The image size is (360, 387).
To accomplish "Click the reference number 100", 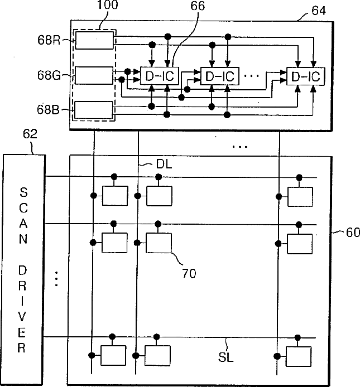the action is point(108,5).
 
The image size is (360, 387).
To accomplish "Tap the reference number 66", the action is point(198,6).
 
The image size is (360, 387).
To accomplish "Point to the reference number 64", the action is point(319,11).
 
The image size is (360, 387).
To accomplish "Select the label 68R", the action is point(49,40).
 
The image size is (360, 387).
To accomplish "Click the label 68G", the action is point(49,75).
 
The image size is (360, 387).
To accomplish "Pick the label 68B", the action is point(49,110).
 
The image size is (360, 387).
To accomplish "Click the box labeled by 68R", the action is point(94,40).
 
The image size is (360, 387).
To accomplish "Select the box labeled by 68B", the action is point(94,110).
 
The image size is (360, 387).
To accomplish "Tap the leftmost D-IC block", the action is point(160,76).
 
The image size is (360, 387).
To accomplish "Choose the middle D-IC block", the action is point(220,76).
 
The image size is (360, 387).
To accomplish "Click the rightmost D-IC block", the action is point(306,76).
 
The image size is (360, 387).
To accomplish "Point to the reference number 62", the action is point(30,134).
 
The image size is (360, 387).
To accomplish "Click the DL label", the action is point(164,163).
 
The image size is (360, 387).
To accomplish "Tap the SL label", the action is point(226,357).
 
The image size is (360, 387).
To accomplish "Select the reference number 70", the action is point(189,273).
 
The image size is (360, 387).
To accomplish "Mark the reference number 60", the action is point(353,233).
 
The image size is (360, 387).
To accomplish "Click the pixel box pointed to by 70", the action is point(159,243).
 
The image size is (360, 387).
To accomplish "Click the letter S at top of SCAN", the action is point(23,192).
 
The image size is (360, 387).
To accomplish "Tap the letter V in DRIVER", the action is point(22,317).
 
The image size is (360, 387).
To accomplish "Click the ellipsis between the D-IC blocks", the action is point(251,76).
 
